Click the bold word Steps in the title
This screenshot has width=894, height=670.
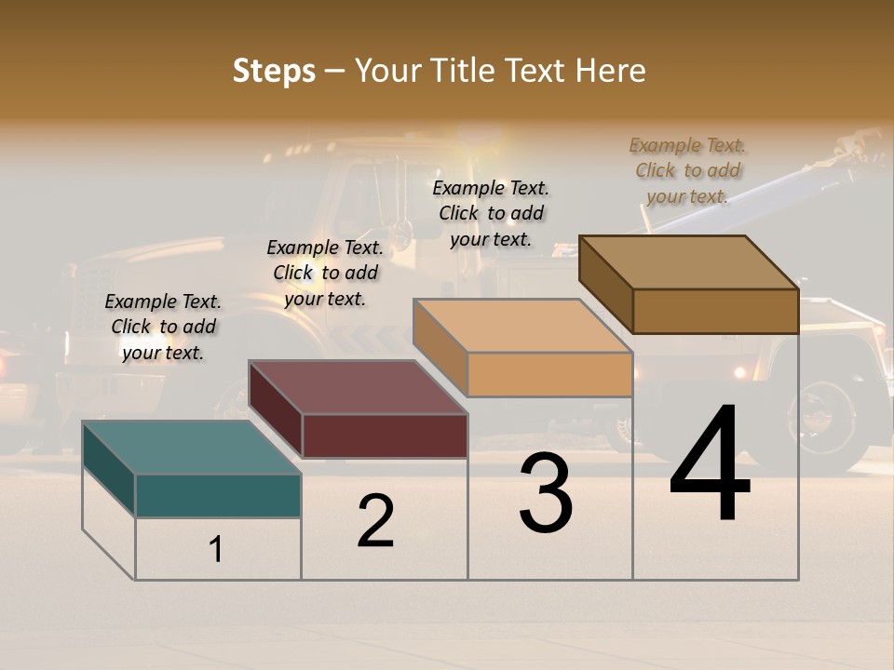click(274, 71)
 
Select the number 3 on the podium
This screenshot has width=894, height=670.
click(545, 493)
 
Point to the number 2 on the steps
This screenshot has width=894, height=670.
click(375, 522)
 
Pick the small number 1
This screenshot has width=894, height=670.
click(216, 550)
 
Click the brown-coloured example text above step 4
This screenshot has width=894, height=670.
click(687, 170)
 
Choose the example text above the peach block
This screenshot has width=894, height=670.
click(491, 213)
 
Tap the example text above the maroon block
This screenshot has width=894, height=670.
click(325, 273)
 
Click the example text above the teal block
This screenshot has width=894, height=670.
click(163, 327)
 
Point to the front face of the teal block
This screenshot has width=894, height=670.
click(218, 495)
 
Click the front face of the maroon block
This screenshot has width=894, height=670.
click(384, 435)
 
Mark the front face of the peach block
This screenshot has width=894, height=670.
click(549, 374)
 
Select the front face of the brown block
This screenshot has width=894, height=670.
click(715, 311)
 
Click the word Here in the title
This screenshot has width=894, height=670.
click(610, 71)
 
